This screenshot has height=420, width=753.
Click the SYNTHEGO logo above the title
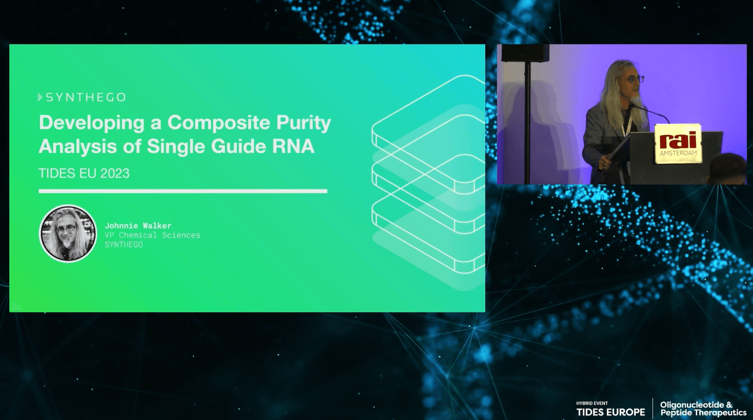[81, 97]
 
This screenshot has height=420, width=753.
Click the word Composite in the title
[219, 123]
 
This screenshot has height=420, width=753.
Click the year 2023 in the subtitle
[114, 174]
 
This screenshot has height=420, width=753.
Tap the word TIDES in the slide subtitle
[57, 174]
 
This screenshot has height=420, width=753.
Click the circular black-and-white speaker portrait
[68, 233]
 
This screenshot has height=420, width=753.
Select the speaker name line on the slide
[138, 225]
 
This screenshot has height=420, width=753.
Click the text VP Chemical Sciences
[153, 235]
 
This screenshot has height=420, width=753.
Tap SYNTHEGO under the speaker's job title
[124, 244]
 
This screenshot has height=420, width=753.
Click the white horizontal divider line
[183, 191]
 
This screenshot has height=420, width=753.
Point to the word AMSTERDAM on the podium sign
[678, 153]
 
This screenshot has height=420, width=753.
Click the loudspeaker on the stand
[525, 53]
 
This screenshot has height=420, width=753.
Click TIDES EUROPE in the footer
[611, 412]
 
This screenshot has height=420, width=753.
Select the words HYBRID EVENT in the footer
[592, 403]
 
